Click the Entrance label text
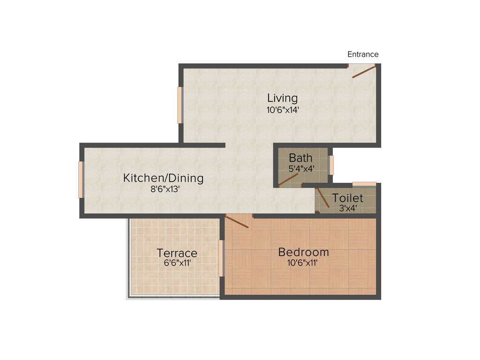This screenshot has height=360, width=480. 363,54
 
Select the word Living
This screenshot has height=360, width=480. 282,98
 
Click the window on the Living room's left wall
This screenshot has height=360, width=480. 180,105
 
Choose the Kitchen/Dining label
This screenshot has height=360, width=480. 163,178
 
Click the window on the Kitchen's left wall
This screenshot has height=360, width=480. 81,180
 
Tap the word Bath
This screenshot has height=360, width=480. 300,157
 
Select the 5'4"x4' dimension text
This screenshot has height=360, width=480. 301,168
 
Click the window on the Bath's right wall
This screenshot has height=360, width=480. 331,165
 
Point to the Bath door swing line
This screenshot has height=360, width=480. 289,180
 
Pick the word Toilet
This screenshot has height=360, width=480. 347,198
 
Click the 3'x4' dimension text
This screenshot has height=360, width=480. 347,209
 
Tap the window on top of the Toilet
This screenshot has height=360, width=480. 364,184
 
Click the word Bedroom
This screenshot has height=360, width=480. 303,252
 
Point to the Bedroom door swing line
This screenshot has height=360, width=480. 237,221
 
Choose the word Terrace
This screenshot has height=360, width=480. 177,253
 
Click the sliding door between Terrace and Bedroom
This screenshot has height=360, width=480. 221,258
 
